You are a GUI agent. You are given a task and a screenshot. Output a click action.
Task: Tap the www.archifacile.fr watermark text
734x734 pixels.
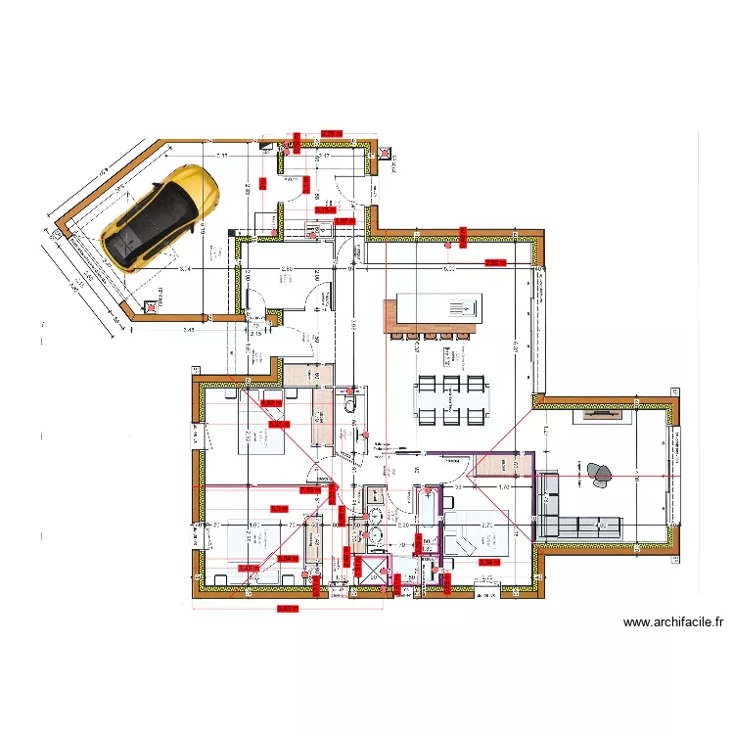coord(673,621)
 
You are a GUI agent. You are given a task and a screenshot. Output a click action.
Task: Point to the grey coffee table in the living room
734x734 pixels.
coord(599,474)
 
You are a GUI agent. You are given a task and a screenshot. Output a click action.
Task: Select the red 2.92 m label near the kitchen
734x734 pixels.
coord(494,262)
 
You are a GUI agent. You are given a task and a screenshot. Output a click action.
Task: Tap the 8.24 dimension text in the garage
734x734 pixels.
coord(185,267)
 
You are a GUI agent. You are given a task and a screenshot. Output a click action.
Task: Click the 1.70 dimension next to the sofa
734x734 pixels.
coord(505,486)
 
